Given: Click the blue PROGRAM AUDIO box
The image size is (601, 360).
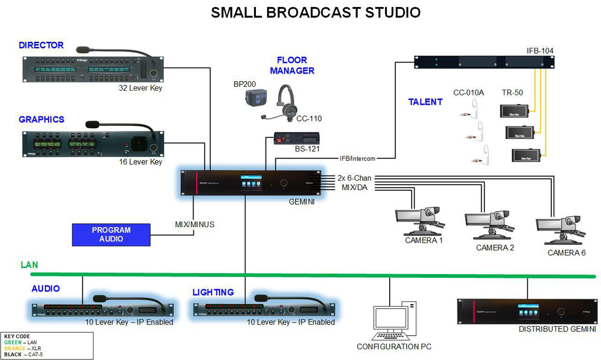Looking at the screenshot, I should (x=111, y=235).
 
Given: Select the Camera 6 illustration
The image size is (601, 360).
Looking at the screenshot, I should (x=561, y=230).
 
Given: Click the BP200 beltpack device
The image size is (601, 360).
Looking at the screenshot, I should (x=256, y=98).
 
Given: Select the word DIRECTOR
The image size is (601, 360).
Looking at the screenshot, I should (x=41, y=46).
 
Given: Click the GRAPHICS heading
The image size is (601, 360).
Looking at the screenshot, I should (x=42, y=120).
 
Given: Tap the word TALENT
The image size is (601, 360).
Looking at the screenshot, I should (x=425, y=102).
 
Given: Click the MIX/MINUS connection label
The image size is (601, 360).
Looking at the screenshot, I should (x=194, y=224).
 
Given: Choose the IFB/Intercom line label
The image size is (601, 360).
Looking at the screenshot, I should (x=358, y=159).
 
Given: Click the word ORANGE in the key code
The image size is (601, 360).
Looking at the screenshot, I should (x=14, y=348).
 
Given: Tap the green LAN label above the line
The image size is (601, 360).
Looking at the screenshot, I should (x=29, y=265).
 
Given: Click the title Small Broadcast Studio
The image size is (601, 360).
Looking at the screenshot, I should (x=316, y=13).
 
